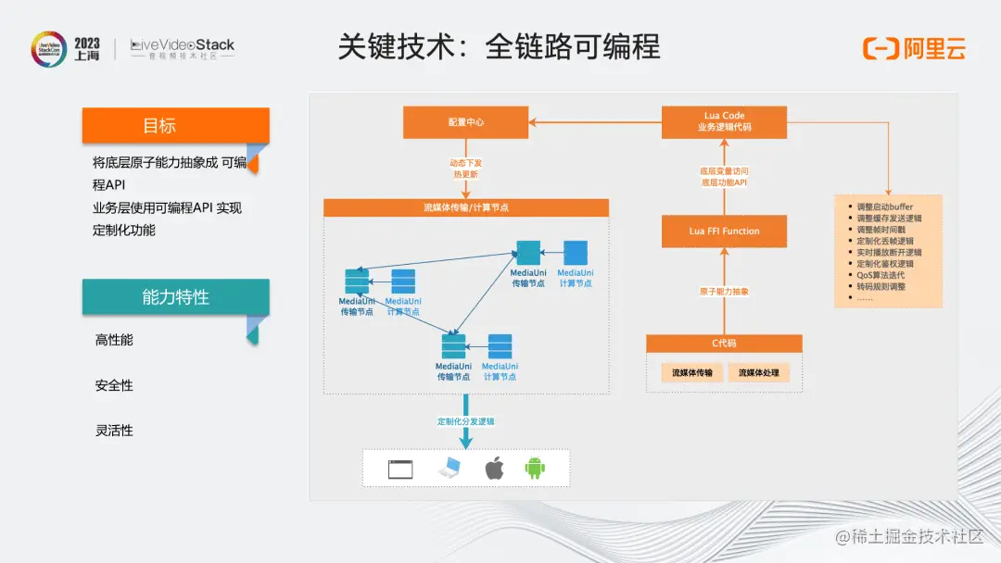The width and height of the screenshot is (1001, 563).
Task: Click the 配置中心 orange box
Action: tap(466, 122)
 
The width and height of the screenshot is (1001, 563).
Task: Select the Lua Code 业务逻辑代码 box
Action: tap(724, 122)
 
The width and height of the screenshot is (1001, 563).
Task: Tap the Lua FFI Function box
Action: tap(724, 231)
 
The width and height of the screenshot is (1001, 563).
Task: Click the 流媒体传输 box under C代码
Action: tap(692, 373)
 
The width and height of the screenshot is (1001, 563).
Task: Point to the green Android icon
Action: tap(535, 469)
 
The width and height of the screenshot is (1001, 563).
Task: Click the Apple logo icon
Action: tap(494, 469)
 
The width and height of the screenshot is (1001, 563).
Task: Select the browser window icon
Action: tap(399, 469)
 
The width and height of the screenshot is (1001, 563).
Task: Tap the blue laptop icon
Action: tap(449, 469)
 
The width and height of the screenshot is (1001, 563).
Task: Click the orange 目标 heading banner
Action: tap(175, 126)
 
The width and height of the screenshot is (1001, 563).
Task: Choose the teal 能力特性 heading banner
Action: tap(175, 297)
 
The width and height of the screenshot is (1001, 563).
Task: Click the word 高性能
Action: tap(114, 340)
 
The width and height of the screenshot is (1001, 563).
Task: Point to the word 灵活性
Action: tap(114, 431)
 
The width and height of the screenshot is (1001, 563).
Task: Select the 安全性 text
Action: tap(114, 385)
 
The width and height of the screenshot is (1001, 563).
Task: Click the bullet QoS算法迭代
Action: tap(881, 275)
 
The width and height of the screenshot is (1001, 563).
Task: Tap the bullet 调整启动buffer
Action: tap(885, 206)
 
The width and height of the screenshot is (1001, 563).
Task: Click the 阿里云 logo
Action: tap(914, 49)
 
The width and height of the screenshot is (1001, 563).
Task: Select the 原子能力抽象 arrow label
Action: tap(724, 292)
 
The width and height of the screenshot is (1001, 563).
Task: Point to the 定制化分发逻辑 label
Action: tap(466, 421)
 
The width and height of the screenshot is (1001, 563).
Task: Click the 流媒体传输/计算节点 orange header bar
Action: tap(466, 207)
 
